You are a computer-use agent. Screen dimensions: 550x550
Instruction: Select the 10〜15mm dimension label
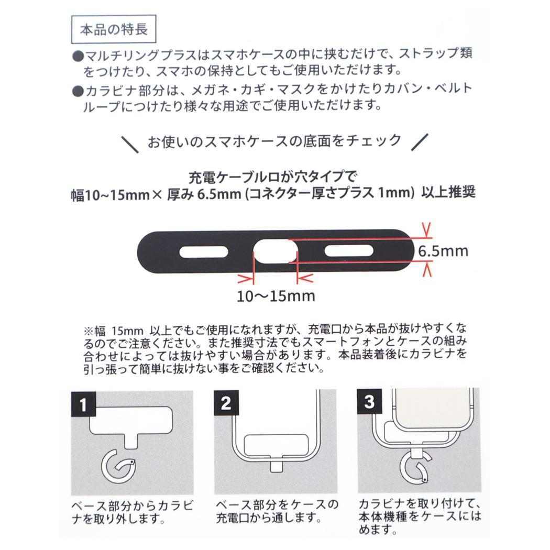[276, 296]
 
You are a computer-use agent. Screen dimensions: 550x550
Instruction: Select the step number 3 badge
[369, 403]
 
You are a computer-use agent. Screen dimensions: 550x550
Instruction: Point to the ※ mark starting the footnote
[87, 331]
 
